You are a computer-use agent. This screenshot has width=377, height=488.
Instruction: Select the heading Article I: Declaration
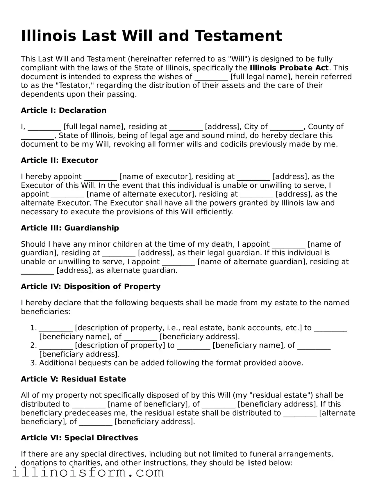pos(63,111)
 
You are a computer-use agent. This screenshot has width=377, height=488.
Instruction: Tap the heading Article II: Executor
pos(59,161)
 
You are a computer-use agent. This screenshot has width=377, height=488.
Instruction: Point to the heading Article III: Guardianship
pos(70,228)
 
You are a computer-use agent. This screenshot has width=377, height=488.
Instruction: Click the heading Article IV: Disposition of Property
pos(90,287)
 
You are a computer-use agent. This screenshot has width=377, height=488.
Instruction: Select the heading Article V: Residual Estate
pos(73,379)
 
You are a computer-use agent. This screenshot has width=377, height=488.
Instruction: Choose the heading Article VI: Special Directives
pos(79,438)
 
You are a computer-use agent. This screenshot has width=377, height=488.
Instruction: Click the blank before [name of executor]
pos(100,177)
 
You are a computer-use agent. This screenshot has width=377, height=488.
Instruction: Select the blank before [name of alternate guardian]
pos(178,262)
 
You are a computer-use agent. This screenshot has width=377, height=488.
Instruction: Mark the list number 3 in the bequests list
pos(33,363)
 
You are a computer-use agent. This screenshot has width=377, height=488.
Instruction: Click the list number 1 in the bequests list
pos(33,328)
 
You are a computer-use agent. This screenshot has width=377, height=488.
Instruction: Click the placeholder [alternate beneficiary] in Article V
pos(337,413)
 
